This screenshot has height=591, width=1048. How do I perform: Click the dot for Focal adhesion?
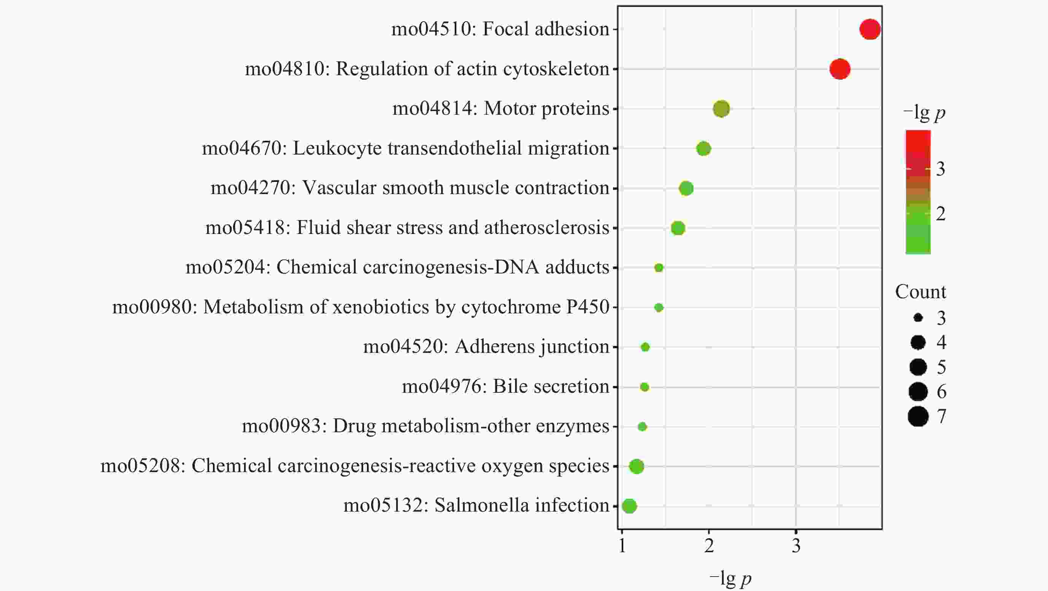870,29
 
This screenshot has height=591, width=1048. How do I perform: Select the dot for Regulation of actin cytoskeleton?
840,69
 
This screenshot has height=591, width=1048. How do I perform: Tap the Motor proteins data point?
721,109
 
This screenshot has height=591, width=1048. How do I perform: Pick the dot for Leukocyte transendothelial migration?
703,149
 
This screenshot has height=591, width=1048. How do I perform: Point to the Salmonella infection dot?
629,506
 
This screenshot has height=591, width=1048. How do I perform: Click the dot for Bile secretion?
645,387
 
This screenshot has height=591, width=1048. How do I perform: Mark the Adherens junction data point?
645,347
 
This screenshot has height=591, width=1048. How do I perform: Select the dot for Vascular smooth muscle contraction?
686,188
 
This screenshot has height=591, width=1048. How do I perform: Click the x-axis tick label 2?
709,546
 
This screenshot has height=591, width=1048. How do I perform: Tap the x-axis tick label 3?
796,546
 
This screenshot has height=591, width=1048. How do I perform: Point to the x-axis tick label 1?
622,546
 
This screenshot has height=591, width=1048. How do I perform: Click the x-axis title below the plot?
730,578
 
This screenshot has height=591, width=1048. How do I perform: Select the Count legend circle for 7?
918,416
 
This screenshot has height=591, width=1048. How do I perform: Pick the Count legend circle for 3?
918,318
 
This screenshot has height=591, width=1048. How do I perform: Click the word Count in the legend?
920,292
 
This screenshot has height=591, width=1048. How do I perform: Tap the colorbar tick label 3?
940,169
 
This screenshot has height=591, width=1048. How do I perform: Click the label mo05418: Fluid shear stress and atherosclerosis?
407,228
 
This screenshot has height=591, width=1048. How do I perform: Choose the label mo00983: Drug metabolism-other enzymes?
426,426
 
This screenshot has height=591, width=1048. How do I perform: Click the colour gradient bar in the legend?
918,192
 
